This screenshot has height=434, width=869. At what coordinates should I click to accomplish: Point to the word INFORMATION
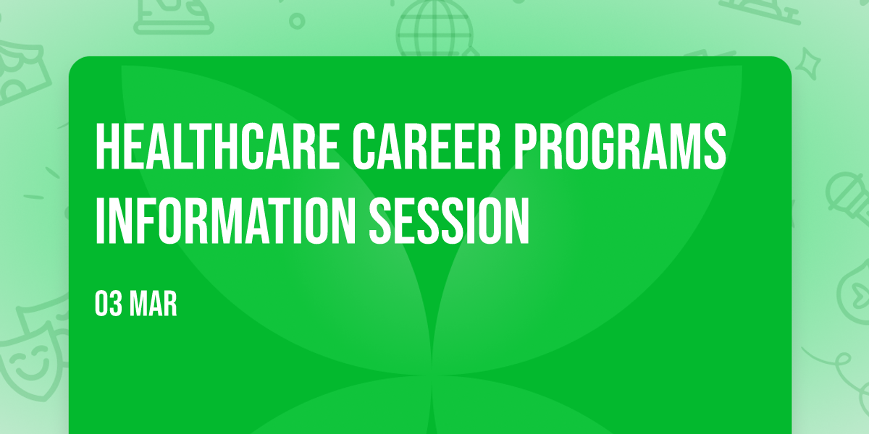[225, 221]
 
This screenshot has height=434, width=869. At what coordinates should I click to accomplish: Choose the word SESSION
[449, 221]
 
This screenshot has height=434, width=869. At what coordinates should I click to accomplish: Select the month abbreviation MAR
[154, 304]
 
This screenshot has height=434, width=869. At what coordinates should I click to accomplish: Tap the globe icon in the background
[434, 28]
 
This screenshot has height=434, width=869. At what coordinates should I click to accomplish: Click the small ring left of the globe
[297, 21]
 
